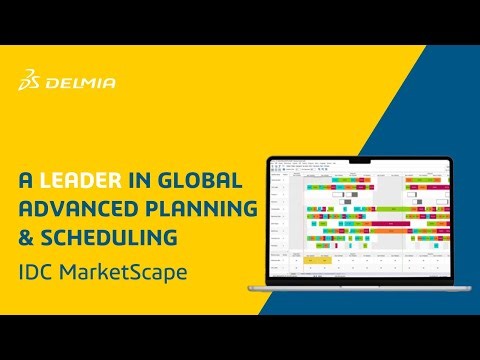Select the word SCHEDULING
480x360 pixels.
(109, 238)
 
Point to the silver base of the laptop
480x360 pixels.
(356, 288)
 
